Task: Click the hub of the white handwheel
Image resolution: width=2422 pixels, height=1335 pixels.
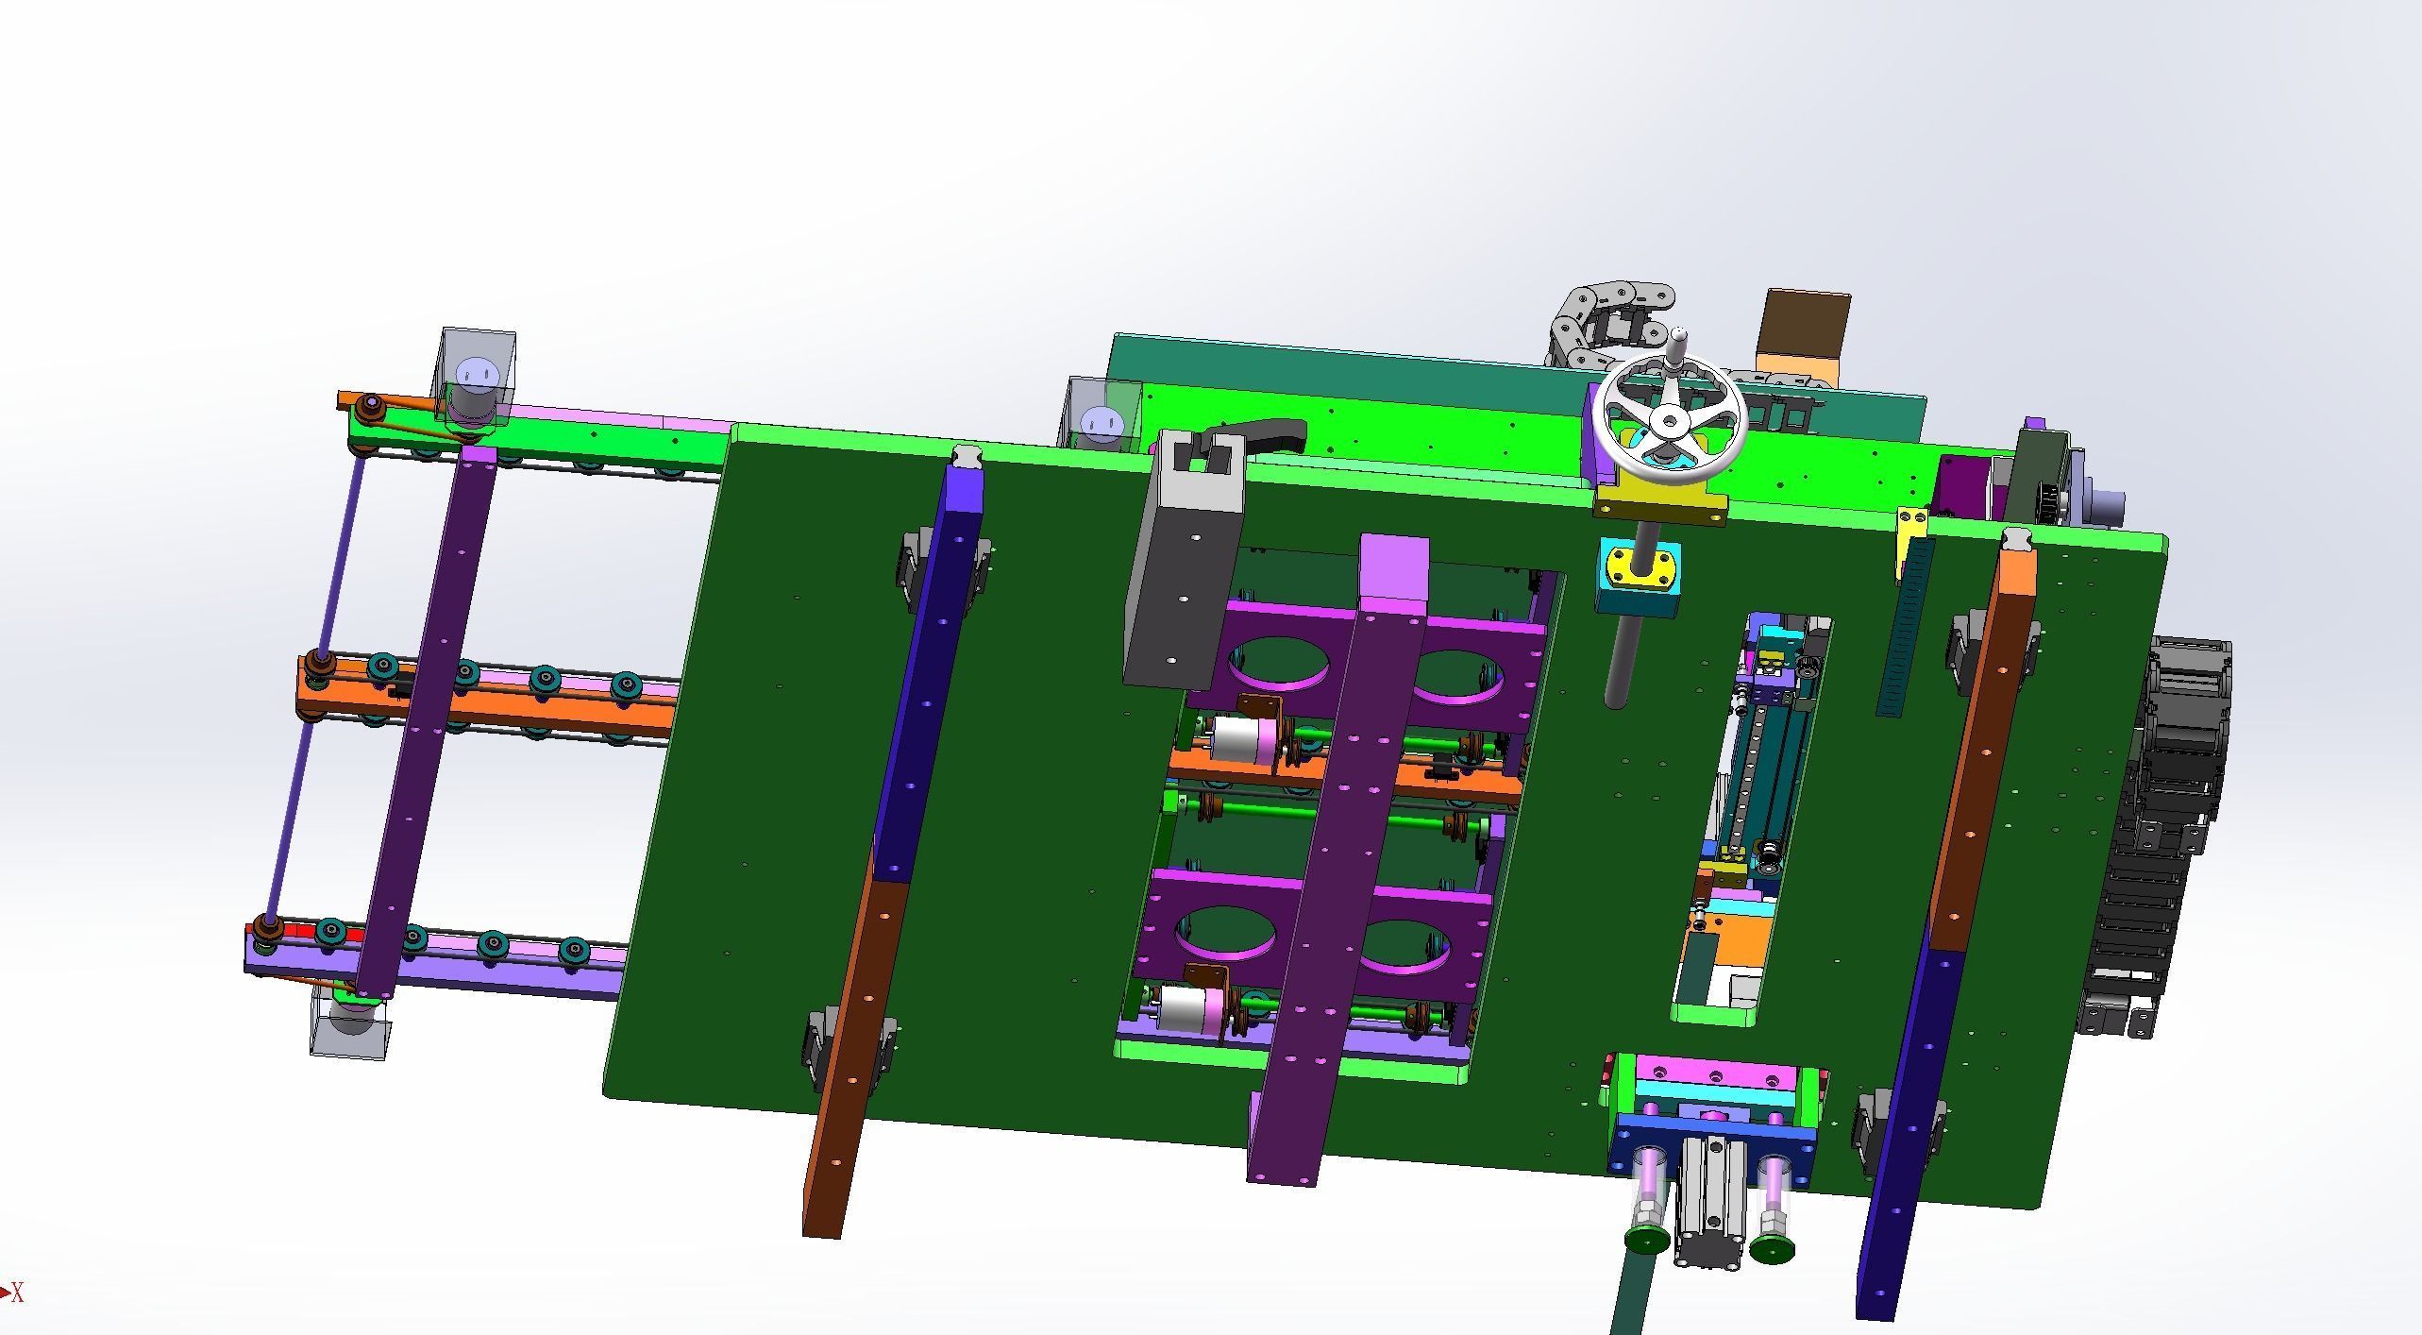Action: coord(1670,421)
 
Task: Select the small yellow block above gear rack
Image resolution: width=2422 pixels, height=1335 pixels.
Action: coord(1913,530)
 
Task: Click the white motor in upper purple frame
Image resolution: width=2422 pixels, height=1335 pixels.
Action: coord(1237,738)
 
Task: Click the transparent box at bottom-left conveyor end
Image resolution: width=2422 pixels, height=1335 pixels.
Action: coord(350,1024)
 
